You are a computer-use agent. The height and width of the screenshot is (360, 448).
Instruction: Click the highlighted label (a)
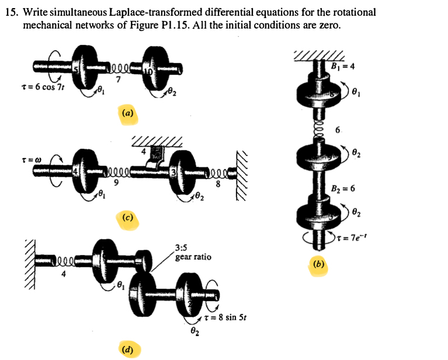tap(127, 113)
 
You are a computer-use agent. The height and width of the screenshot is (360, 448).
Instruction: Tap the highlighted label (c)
tap(127, 218)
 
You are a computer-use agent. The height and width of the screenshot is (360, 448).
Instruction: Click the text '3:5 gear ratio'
tap(193, 253)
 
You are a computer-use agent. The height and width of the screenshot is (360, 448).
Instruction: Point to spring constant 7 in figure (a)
tap(119, 81)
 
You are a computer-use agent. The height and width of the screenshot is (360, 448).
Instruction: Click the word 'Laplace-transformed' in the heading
tap(141, 12)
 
